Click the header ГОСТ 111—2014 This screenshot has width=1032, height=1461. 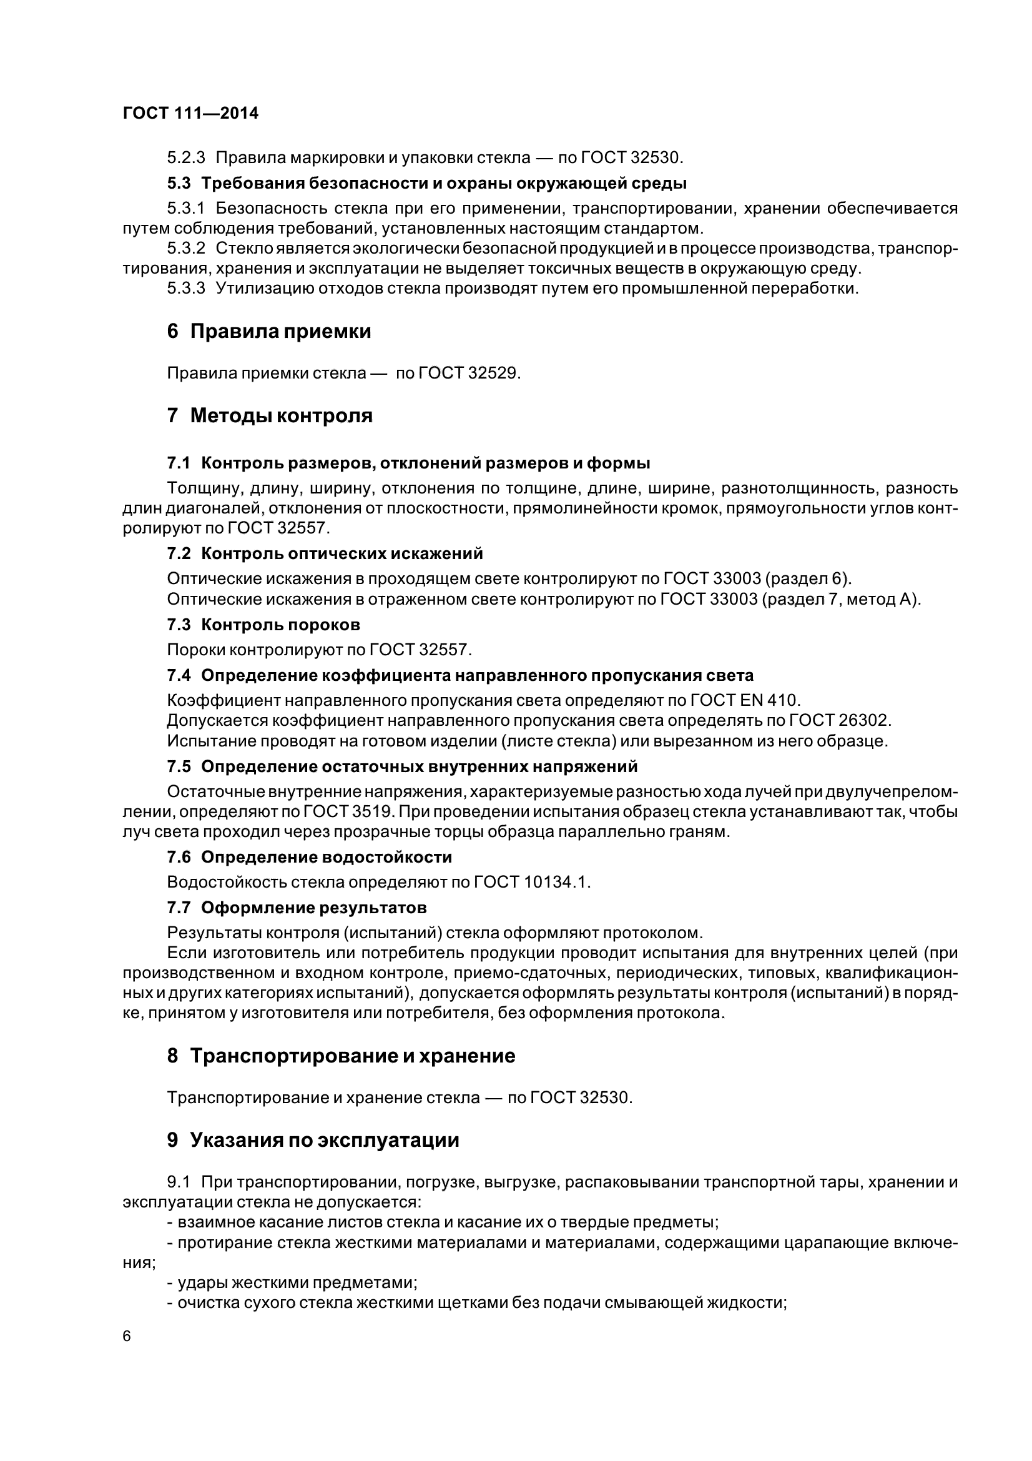pos(191,113)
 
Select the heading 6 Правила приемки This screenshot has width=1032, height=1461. pos(269,332)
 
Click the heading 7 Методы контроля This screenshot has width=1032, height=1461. pos(270,415)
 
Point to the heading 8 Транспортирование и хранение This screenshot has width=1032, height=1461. pos(341,1056)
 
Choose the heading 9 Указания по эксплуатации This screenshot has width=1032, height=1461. pos(313,1140)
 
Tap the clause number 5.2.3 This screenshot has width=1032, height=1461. pos(185,157)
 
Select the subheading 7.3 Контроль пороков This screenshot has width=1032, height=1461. pos(263,625)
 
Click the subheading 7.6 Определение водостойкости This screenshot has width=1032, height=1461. pos(309,857)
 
